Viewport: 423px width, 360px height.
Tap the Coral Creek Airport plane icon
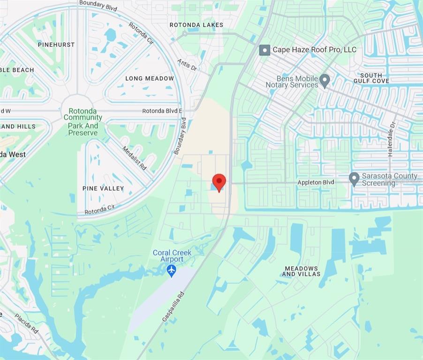172,270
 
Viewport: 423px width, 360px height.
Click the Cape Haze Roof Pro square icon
265,50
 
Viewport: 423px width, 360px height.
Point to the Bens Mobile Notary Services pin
325,81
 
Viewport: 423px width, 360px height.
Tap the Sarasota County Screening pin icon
354,179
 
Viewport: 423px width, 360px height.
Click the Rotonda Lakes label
196,25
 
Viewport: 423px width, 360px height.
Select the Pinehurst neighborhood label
56,45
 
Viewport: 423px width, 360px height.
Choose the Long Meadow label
150,78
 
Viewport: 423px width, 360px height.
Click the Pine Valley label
103,188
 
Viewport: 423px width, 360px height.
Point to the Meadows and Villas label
301,271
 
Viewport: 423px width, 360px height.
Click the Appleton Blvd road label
316,182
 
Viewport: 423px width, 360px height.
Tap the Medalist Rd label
135,158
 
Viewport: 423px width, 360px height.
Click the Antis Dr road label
187,65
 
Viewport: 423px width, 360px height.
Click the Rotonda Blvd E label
162,111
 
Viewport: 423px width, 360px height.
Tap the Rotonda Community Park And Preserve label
83,122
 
